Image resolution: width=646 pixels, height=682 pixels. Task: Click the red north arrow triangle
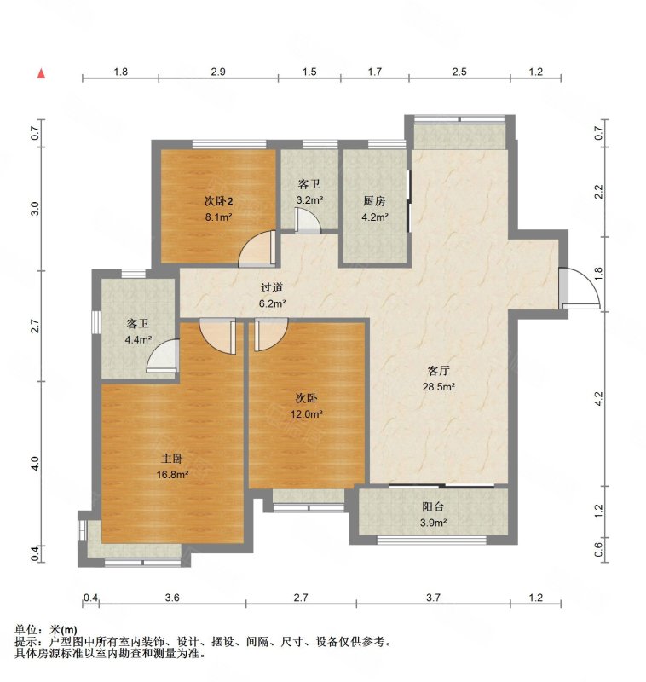41,73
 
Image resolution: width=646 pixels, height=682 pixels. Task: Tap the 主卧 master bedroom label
172,459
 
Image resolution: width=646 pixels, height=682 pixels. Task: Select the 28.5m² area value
439,386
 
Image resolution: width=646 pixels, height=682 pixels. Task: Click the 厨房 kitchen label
374,201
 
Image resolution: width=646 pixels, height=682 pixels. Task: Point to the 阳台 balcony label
433,506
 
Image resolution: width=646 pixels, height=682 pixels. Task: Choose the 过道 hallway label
272,287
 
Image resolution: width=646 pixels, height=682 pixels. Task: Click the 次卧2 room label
219,201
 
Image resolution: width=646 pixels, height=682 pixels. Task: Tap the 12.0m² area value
307,414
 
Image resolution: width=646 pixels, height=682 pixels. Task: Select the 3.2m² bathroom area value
309,200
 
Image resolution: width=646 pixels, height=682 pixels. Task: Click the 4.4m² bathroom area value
138,339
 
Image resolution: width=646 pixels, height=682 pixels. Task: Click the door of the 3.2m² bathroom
308,220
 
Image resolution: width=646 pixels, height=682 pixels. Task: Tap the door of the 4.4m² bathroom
163,355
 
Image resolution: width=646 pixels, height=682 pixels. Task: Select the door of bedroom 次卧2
257,248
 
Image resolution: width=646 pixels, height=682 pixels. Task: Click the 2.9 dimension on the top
218,72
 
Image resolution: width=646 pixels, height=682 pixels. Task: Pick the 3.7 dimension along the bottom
433,598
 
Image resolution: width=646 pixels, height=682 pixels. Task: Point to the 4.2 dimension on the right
598,399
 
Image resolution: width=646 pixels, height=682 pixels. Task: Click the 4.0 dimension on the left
35,463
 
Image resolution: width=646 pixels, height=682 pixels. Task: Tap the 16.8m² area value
172,475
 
